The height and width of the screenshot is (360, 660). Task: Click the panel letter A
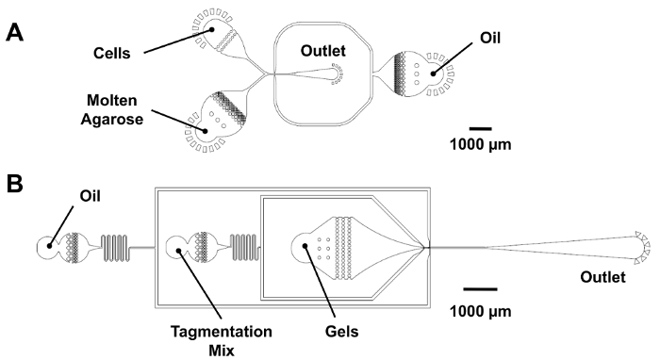15,32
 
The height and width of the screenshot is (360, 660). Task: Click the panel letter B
15,184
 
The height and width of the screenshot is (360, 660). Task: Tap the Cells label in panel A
111,54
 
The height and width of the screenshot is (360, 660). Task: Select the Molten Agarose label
112,109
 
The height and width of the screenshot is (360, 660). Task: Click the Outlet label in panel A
322,51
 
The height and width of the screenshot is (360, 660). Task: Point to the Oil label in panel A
490,38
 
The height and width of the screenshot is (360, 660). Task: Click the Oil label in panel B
91,196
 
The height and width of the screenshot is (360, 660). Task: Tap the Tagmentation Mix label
222,340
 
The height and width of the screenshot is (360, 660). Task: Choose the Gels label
341,332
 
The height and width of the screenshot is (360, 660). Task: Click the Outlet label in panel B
602,277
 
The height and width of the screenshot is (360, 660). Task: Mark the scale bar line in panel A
480,129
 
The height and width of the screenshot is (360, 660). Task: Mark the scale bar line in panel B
480,289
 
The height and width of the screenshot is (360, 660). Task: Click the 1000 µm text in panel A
480,145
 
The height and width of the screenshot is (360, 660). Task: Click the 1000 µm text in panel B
480,312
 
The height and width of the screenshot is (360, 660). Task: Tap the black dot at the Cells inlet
212,29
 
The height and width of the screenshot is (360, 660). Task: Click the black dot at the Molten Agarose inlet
205,130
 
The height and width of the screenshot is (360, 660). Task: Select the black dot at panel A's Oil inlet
433,74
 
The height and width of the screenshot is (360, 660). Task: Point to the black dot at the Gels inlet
305,246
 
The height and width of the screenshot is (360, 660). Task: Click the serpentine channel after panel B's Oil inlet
115,248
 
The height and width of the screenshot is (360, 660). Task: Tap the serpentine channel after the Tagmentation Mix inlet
244,247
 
